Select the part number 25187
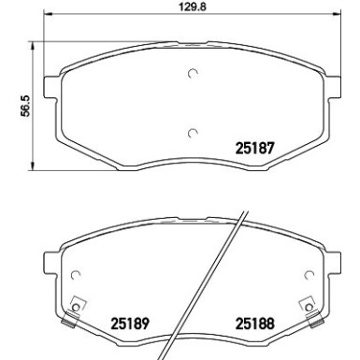click(x=252, y=148)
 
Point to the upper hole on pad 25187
click(x=192, y=75)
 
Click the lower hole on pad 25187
click(x=192, y=132)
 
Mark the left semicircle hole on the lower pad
click(x=77, y=275)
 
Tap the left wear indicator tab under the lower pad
click(x=67, y=324)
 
